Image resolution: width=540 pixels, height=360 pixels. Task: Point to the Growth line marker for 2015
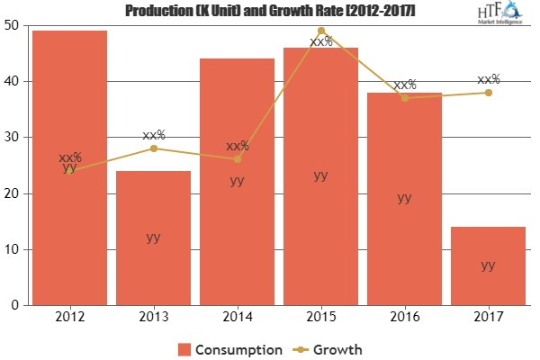coord(320,31)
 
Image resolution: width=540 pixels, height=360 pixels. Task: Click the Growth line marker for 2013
coord(153,148)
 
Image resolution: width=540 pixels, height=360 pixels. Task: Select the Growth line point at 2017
coord(488,93)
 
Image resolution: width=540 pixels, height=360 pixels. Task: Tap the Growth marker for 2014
coord(237,159)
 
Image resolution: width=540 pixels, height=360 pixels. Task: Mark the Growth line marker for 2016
coord(404,98)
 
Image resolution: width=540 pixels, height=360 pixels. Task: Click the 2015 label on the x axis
coord(320,318)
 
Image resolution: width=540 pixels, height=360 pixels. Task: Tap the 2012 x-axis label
coord(69,318)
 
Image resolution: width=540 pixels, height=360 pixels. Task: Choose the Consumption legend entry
coord(229,347)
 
